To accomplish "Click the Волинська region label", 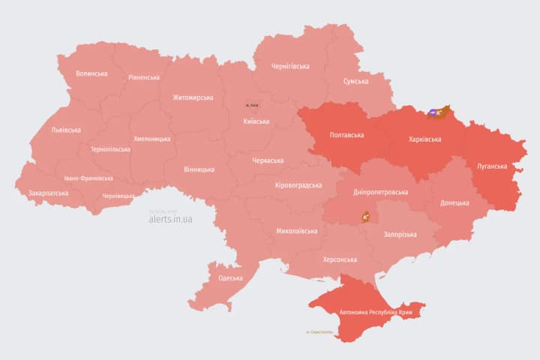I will [x=91, y=73].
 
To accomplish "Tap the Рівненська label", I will [x=143, y=77].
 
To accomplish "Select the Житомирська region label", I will [x=193, y=97].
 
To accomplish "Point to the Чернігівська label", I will [x=290, y=66].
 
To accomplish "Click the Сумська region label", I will [x=355, y=81].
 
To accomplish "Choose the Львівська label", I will [x=66, y=130].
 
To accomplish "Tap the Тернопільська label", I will [x=109, y=149].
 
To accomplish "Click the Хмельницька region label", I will [x=153, y=139].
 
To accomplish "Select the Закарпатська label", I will [x=48, y=193].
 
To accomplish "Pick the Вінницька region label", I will [x=199, y=169].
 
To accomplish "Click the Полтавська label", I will [x=346, y=136].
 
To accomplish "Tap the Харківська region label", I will [x=424, y=139].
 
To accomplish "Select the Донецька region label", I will [x=454, y=202].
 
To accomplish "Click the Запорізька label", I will [x=400, y=235].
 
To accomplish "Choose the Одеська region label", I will [x=230, y=278].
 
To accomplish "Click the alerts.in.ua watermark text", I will [x=170, y=219].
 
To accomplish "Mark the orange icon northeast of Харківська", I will [x=438, y=112].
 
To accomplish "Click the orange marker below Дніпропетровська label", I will [x=367, y=216].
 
